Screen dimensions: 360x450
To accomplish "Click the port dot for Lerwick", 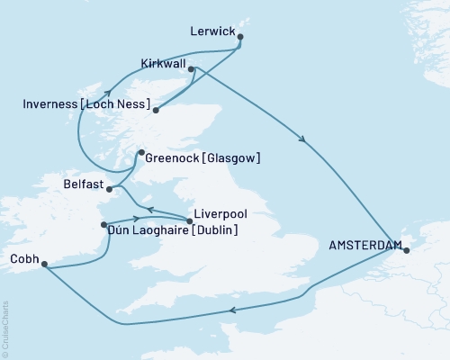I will pos(240,37).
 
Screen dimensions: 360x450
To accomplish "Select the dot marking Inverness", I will pos(156,112).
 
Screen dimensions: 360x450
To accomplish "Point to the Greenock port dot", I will pos(140,154).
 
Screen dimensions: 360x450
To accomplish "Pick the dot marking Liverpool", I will pos(190,220).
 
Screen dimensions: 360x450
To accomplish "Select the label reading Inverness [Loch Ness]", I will pos(83,105).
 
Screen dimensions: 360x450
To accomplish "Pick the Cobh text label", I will pos(23,259).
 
